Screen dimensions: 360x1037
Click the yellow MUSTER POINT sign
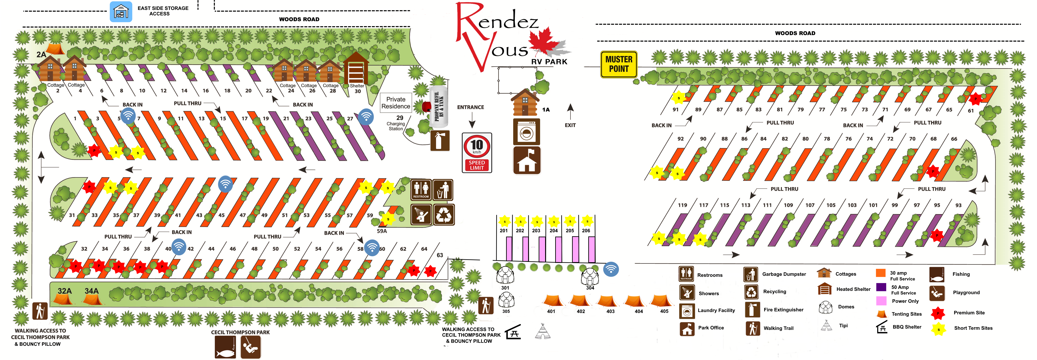click(619, 64)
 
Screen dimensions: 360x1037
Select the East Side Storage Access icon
click(121, 12)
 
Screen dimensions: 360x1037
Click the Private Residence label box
click(396, 103)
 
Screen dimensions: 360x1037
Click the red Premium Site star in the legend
click(938, 313)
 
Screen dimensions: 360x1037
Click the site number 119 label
click(682, 205)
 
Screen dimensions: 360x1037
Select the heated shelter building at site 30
click(356, 68)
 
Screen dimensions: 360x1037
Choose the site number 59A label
click(382, 231)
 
